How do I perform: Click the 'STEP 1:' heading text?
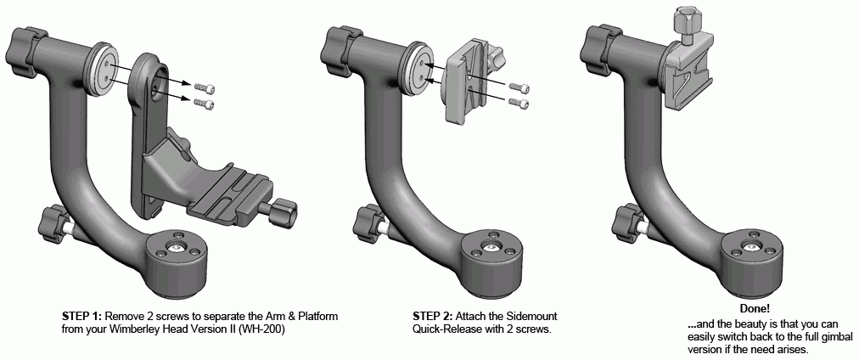point(84,316)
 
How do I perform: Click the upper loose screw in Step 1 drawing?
point(208,87)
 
